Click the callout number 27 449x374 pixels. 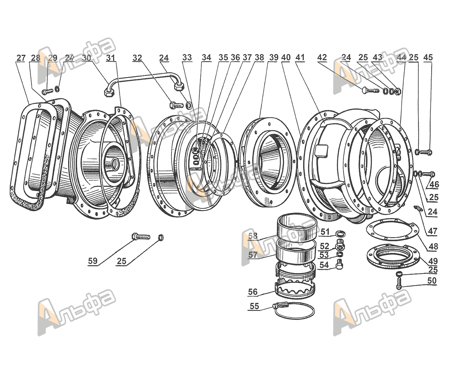pyautogui.click(x=21, y=58)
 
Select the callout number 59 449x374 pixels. pyautogui.click(x=93, y=261)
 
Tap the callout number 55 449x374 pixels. pyautogui.click(x=254, y=306)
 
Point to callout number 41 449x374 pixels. pyautogui.click(x=300, y=58)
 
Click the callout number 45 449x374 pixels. pyautogui.click(x=428, y=58)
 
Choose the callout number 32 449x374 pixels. pyautogui.click(x=137, y=58)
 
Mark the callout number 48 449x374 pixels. pyautogui.click(x=433, y=247)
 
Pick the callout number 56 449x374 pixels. pyautogui.click(x=253, y=291)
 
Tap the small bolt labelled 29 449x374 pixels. pyautogui.click(x=47, y=91)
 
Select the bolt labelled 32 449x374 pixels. pyautogui.click(x=177, y=105)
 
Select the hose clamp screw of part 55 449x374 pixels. pyautogui.click(x=280, y=305)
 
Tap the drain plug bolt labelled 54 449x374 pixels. pyautogui.click(x=339, y=265)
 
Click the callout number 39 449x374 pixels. pyautogui.click(x=274, y=58)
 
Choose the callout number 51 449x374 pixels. pyautogui.click(x=324, y=232)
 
